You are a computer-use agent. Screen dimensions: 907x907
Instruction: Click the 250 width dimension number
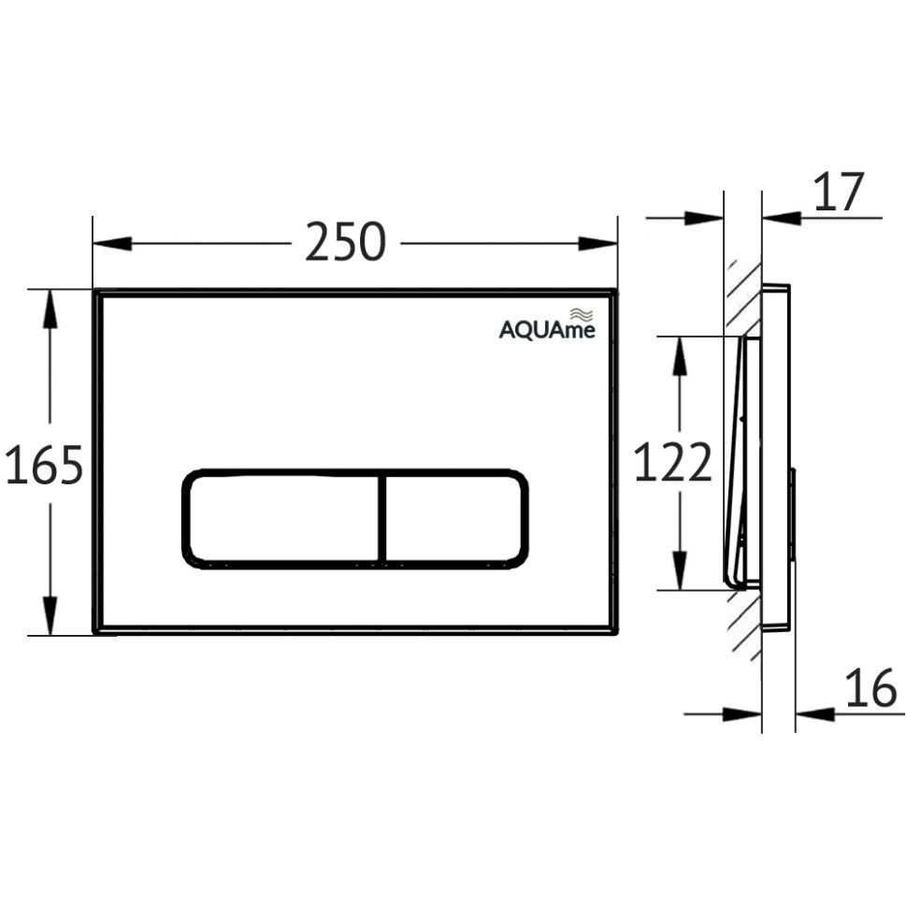tap(345, 244)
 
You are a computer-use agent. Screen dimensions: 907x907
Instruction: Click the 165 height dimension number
tap(44, 465)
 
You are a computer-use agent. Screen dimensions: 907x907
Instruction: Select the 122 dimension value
tap(672, 463)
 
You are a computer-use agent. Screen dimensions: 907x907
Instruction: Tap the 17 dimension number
tap(839, 193)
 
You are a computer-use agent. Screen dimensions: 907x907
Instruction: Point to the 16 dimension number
tap(870, 690)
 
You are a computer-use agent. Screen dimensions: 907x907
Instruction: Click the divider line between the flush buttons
tap(382, 517)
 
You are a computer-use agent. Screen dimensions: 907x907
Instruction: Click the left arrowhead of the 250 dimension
tap(108, 244)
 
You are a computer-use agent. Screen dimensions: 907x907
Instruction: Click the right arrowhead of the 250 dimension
tap(601, 244)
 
